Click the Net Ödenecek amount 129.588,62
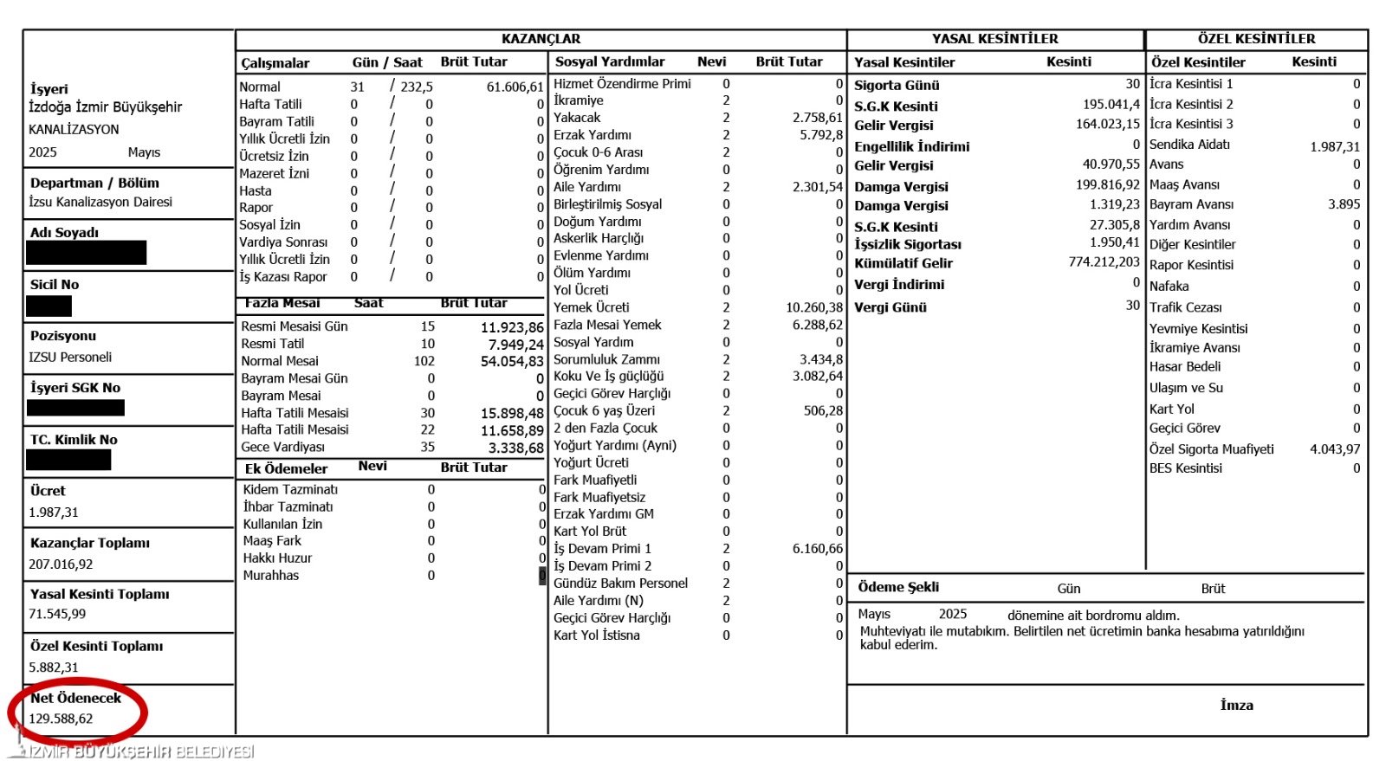point(61,719)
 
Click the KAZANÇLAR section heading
point(541,39)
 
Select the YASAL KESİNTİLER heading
point(994,39)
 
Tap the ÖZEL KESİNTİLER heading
point(1256,39)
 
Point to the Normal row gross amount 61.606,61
point(515,87)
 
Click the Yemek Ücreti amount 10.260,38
point(813,307)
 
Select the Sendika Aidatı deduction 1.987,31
point(1334,146)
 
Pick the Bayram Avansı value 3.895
point(1344,204)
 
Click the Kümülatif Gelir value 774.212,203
point(1104,261)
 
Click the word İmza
point(1236,705)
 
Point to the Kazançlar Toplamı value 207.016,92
point(61,564)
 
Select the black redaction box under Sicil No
point(49,306)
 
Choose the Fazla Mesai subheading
point(282,303)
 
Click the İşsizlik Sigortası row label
point(907,244)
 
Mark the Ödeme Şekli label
point(898,587)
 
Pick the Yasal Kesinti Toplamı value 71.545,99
point(57,614)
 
